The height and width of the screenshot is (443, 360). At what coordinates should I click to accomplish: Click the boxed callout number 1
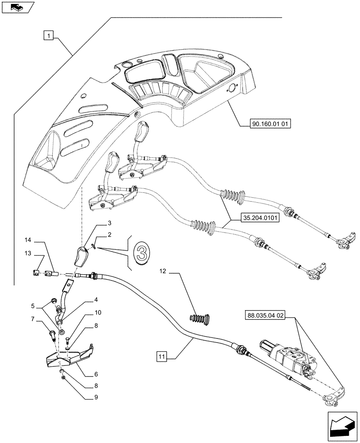pyautogui.click(x=49, y=35)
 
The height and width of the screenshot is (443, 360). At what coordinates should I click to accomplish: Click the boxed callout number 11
pyautogui.click(x=162, y=355)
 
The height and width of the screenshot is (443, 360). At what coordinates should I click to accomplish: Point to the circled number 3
pyautogui.click(x=141, y=253)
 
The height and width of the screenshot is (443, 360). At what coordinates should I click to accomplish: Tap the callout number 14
pyautogui.click(x=28, y=241)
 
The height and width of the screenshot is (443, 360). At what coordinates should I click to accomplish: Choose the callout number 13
pyautogui.click(x=28, y=253)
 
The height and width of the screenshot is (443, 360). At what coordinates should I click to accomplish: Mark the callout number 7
pyautogui.click(x=33, y=319)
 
